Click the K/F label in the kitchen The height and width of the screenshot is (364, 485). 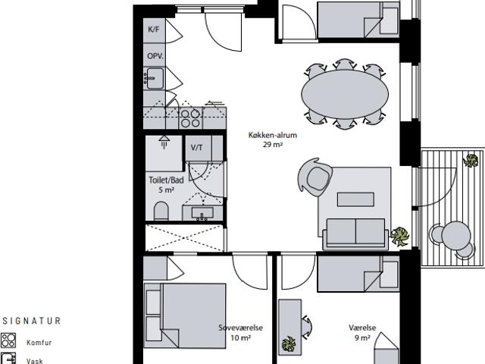154,30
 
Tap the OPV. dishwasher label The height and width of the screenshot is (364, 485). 155,56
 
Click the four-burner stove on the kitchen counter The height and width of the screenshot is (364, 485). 190,118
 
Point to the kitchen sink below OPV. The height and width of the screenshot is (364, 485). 155,78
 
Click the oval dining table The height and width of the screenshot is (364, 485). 345,94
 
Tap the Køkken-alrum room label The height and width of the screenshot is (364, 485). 273,135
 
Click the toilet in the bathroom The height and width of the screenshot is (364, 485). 161,211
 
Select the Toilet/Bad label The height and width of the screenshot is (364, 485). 166,180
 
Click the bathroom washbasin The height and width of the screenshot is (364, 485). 202,213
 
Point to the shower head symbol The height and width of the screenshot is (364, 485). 164,141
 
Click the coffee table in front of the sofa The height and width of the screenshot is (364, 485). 355,199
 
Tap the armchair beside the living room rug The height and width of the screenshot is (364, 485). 314,177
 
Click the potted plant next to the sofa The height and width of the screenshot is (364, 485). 399,237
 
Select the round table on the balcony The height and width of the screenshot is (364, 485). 456,236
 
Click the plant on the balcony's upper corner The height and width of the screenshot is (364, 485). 471,160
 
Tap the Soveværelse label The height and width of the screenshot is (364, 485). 241,328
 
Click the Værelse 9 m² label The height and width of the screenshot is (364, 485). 362,332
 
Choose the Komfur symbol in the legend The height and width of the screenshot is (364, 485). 8,340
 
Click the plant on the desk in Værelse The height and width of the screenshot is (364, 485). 289,344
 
